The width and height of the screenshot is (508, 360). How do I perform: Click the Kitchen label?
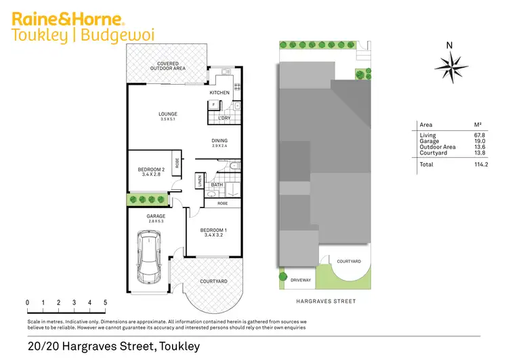point(219,92)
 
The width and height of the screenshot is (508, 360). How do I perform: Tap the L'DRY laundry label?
point(224,119)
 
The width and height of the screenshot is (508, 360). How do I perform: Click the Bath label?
point(217,184)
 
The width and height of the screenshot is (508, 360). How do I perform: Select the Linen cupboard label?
point(200,181)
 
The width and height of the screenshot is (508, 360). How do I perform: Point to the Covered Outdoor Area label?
point(167,66)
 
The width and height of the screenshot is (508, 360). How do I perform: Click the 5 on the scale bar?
point(105,302)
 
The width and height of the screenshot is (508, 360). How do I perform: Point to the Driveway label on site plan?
point(301,279)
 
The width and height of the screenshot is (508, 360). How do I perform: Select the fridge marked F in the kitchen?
point(213,104)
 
